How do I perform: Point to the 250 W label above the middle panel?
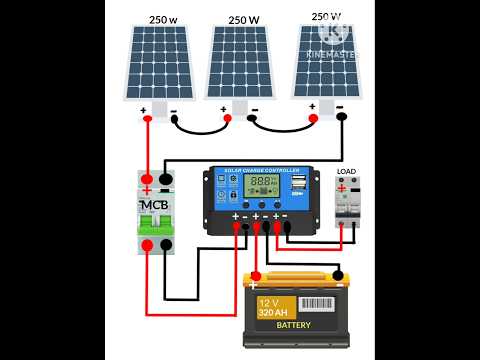pos(245,19)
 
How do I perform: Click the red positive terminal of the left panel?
pos(148,119)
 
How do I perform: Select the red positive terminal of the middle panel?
pos(228,119)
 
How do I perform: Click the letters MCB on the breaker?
pos(155,206)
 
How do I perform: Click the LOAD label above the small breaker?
pos(346,172)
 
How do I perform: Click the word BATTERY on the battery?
pos(294,325)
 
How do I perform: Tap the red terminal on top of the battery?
pos(257,277)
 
